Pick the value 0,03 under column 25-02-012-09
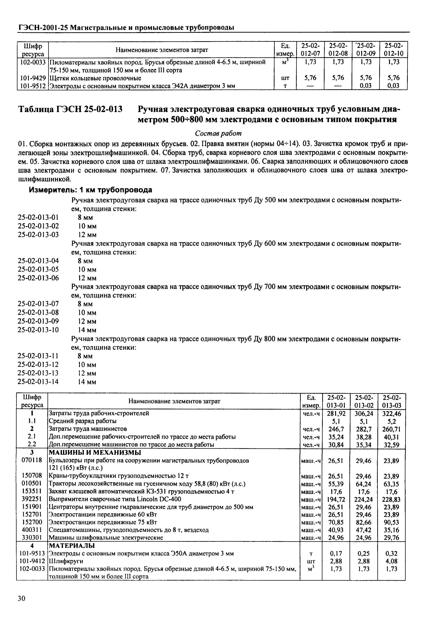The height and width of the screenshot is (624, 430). click(x=366, y=86)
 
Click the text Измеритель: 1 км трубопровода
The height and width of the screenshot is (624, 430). click(x=90, y=190)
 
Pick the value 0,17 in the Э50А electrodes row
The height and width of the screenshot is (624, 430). click(x=336, y=554)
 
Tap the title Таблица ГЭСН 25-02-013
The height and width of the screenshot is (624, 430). click(x=70, y=109)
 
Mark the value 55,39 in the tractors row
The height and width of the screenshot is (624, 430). click(x=336, y=484)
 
